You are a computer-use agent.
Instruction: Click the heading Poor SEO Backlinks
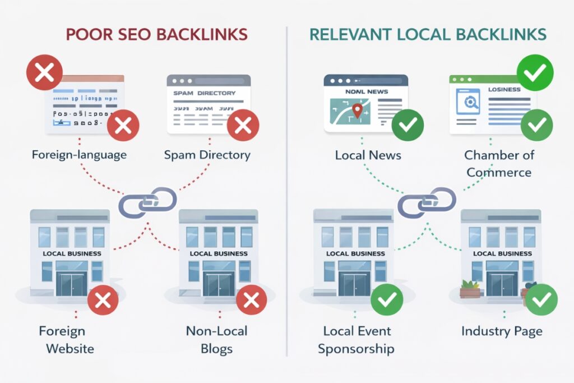click(x=156, y=34)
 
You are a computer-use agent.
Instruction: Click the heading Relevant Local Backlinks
click(x=428, y=34)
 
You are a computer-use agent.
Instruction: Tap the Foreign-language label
click(x=80, y=155)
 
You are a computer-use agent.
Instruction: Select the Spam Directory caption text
click(x=207, y=155)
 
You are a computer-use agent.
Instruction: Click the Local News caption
click(x=368, y=155)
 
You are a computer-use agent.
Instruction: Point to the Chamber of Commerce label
click(x=499, y=164)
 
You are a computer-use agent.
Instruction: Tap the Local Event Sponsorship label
click(x=356, y=339)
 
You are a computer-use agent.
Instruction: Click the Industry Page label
click(x=502, y=331)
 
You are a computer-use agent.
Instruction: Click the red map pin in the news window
click(x=355, y=109)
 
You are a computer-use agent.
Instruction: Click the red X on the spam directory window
click(x=243, y=125)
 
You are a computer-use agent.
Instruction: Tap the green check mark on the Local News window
click(x=407, y=126)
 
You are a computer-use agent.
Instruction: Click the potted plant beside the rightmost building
click(x=470, y=289)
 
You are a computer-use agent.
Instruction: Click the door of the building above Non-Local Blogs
click(x=218, y=283)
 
